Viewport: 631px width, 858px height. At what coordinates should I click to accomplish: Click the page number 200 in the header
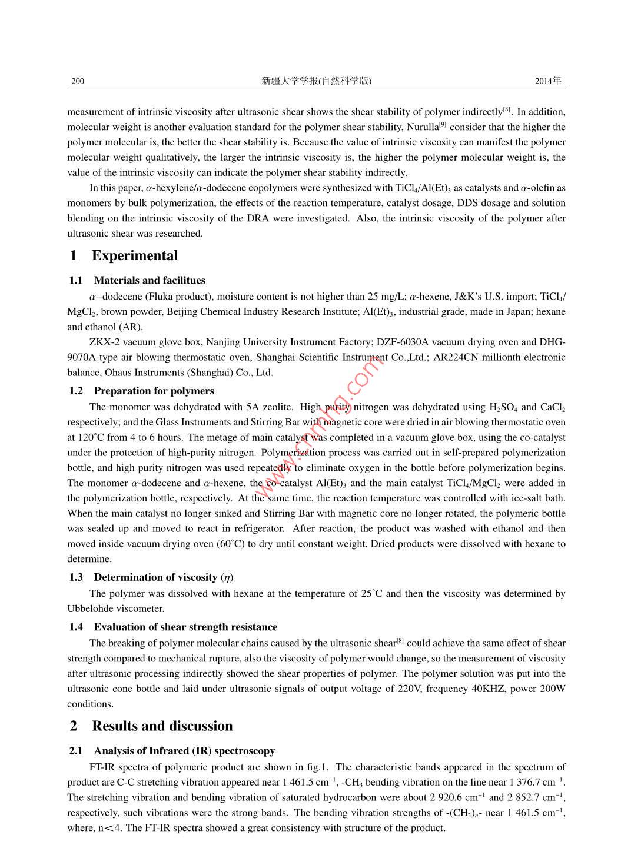(x=78, y=81)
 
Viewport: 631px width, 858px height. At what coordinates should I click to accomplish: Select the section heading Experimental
(x=134, y=255)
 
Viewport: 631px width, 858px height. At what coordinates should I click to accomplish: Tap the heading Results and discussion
(x=162, y=726)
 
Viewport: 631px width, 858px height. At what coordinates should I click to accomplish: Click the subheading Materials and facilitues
(x=150, y=280)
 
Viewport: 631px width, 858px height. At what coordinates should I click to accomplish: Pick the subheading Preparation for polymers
(x=154, y=391)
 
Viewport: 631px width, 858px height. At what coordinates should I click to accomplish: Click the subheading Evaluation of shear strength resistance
(x=185, y=627)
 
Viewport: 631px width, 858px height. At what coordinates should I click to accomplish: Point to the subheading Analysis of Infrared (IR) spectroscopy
(x=184, y=751)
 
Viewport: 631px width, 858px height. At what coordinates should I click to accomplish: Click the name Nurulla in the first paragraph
(x=423, y=127)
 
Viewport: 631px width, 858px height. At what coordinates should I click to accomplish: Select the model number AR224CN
(x=456, y=357)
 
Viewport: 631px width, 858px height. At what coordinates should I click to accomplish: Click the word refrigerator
(x=255, y=528)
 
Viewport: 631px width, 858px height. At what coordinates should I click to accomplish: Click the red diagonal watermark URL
(x=318, y=427)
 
